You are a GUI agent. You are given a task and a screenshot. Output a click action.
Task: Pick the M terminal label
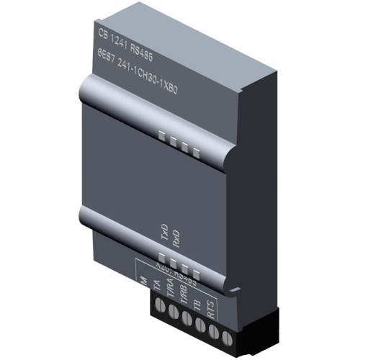(x=143, y=279)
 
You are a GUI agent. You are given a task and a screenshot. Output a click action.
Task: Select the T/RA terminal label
(x=171, y=292)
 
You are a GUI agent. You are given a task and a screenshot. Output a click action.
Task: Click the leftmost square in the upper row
(x=163, y=135)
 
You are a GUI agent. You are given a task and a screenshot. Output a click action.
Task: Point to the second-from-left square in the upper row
(x=174, y=141)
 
